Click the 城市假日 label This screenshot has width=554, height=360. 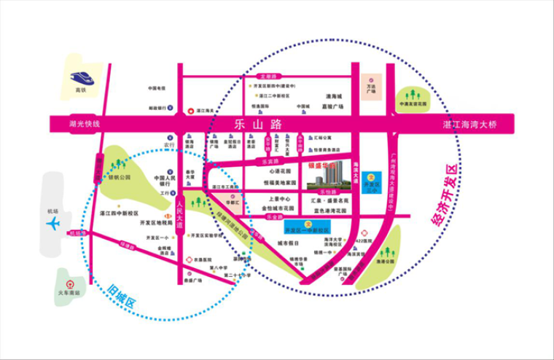click(x=289, y=243)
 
